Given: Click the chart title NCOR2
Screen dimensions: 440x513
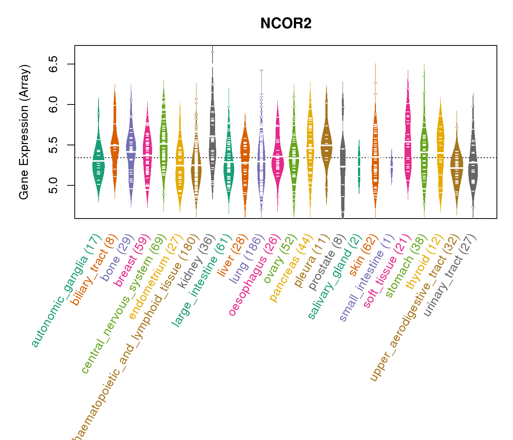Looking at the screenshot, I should [x=286, y=23].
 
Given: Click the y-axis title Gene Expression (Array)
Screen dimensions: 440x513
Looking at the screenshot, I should [x=24, y=132].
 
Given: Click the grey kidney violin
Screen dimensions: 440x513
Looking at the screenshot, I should [x=213, y=139].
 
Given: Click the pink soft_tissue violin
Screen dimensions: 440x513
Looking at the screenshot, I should [x=408, y=147].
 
